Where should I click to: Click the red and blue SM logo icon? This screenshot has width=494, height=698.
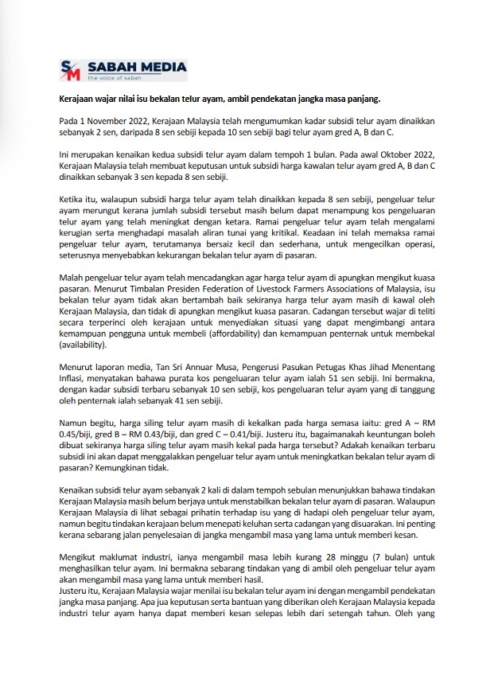pos(71,69)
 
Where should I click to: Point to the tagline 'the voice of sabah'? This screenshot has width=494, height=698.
pos(114,78)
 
